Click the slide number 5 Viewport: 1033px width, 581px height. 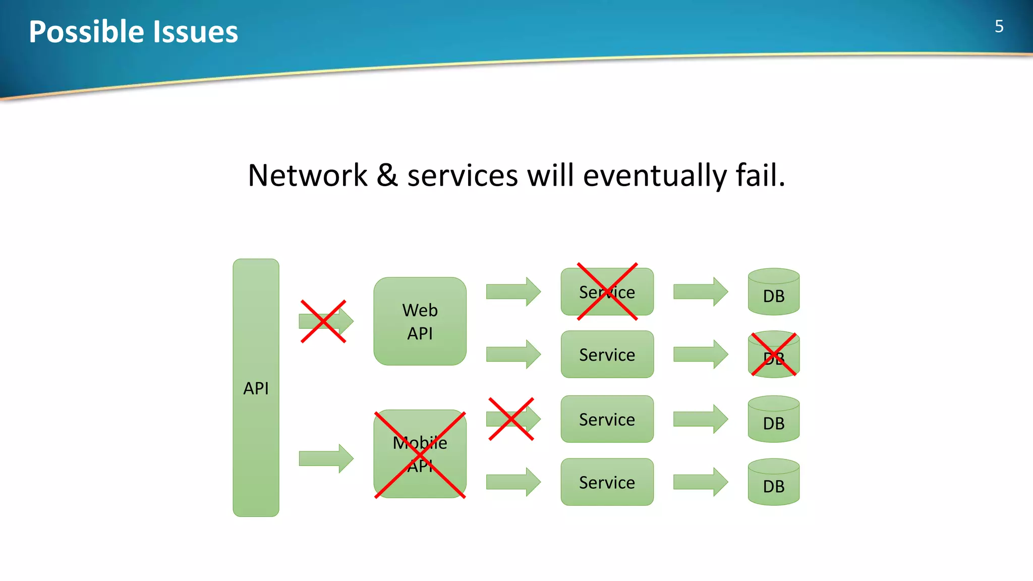point(999,27)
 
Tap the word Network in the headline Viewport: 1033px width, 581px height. point(308,176)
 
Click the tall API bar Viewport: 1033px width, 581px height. point(256,387)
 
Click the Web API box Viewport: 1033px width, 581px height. point(420,321)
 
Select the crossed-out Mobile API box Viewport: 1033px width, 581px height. point(420,454)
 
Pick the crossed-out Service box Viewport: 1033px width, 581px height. point(607,292)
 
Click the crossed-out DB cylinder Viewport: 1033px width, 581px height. point(773,355)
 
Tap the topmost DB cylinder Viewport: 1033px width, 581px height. point(773,292)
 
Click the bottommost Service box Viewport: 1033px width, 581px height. point(607,482)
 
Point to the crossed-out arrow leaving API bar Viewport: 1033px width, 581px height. point(325,321)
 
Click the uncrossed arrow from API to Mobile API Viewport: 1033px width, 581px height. point(325,458)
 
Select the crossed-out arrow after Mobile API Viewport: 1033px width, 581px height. point(512,419)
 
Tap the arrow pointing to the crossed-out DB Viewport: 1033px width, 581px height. point(700,354)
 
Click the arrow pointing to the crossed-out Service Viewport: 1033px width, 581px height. point(512,292)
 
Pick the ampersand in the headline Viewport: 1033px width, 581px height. point(387,176)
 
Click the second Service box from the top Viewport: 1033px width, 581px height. point(607,354)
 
